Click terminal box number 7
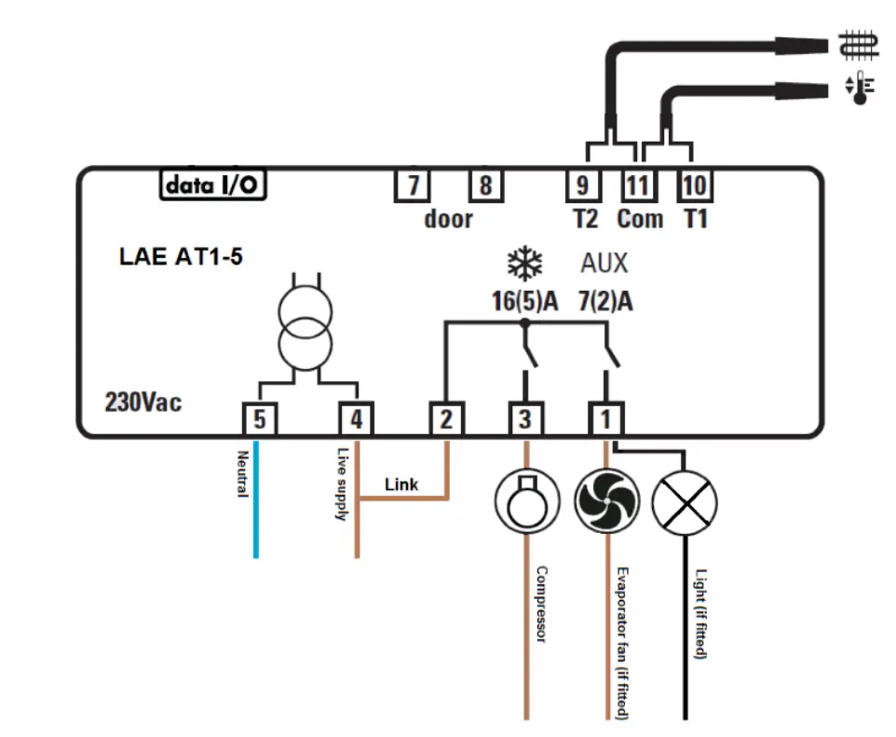click(412, 185)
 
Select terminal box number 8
click(485, 185)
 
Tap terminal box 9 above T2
click(583, 185)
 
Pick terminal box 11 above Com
click(638, 185)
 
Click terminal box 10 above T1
click(694, 185)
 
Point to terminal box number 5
click(260, 419)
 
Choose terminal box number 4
click(356, 419)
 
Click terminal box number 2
click(446, 419)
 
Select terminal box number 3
click(525, 419)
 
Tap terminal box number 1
click(605, 419)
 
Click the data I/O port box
click(212, 184)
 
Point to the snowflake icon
click(524, 264)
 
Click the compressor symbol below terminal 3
click(527, 501)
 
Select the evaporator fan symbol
click(607, 501)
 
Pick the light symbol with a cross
click(685, 503)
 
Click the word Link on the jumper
click(401, 485)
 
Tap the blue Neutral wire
click(256, 498)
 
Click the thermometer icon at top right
click(860, 88)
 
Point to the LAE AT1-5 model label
click(181, 256)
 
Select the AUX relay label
click(604, 263)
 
